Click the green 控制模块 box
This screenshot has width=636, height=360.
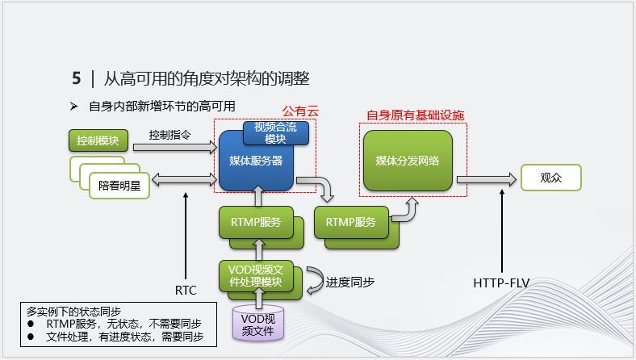pos(98,141)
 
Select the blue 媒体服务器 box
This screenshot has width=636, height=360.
pos(255,161)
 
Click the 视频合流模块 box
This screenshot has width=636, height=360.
pos(275,132)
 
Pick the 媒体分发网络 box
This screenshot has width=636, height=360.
pos(408,160)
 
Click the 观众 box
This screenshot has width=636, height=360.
pos(550,178)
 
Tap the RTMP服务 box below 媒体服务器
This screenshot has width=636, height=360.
pos(255,222)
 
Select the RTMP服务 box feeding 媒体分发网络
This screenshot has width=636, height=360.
pos(350,222)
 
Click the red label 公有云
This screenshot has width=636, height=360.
pos(300,111)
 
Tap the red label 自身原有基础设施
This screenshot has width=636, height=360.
pos(415,115)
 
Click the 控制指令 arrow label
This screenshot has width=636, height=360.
pos(169,135)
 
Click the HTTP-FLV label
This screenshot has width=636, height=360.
pos(501,283)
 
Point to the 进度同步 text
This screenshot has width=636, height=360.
pos(350,283)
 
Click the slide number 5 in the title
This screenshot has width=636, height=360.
pos(76,78)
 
